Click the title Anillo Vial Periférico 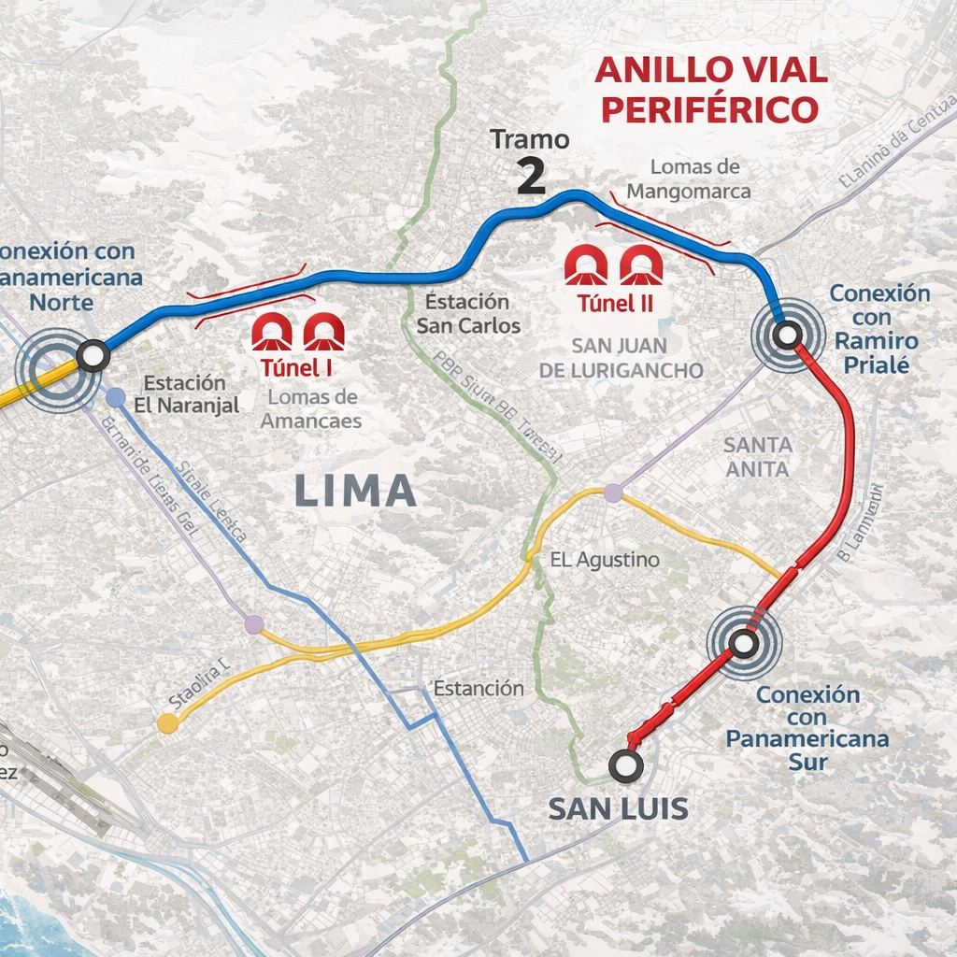click(710, 90)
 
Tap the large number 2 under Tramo click(531, 177)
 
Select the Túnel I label click(297, 367)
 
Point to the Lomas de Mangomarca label click(689, 179)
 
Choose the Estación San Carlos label click(468, 313)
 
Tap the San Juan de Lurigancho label click(621, 357)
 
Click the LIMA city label click(355, 491)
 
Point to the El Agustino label click(605, 560)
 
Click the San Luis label click(619, 808)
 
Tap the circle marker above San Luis click(625, 765)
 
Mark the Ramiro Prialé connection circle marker click(787, 334)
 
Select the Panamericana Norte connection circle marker click(93, 355)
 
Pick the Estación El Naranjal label click(185, 393)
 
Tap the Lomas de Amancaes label click(311, 408)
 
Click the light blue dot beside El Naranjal click(116, 397)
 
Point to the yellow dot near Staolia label click(167, 722)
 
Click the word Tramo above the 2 click(530, 140)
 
